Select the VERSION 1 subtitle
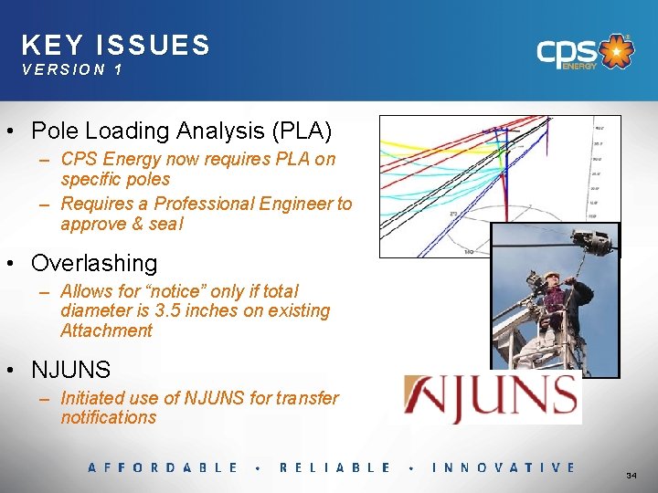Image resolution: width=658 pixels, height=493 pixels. tap(72, 69)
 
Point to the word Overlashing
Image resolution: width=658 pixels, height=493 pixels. tap(94, 263)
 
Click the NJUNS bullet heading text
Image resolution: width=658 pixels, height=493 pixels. tap(70, 370)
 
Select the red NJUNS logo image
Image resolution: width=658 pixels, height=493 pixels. tap(493, 397)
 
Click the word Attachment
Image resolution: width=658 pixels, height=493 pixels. tap(106, 330)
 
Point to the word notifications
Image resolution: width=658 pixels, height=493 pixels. tap(109, 417)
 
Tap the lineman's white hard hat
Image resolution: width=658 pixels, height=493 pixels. tap(551, 275)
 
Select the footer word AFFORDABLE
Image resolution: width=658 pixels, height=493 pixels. tap(163, 467)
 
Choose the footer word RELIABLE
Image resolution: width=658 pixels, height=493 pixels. tap(335, 467)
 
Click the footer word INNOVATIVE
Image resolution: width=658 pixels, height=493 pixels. tap(504, 467)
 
